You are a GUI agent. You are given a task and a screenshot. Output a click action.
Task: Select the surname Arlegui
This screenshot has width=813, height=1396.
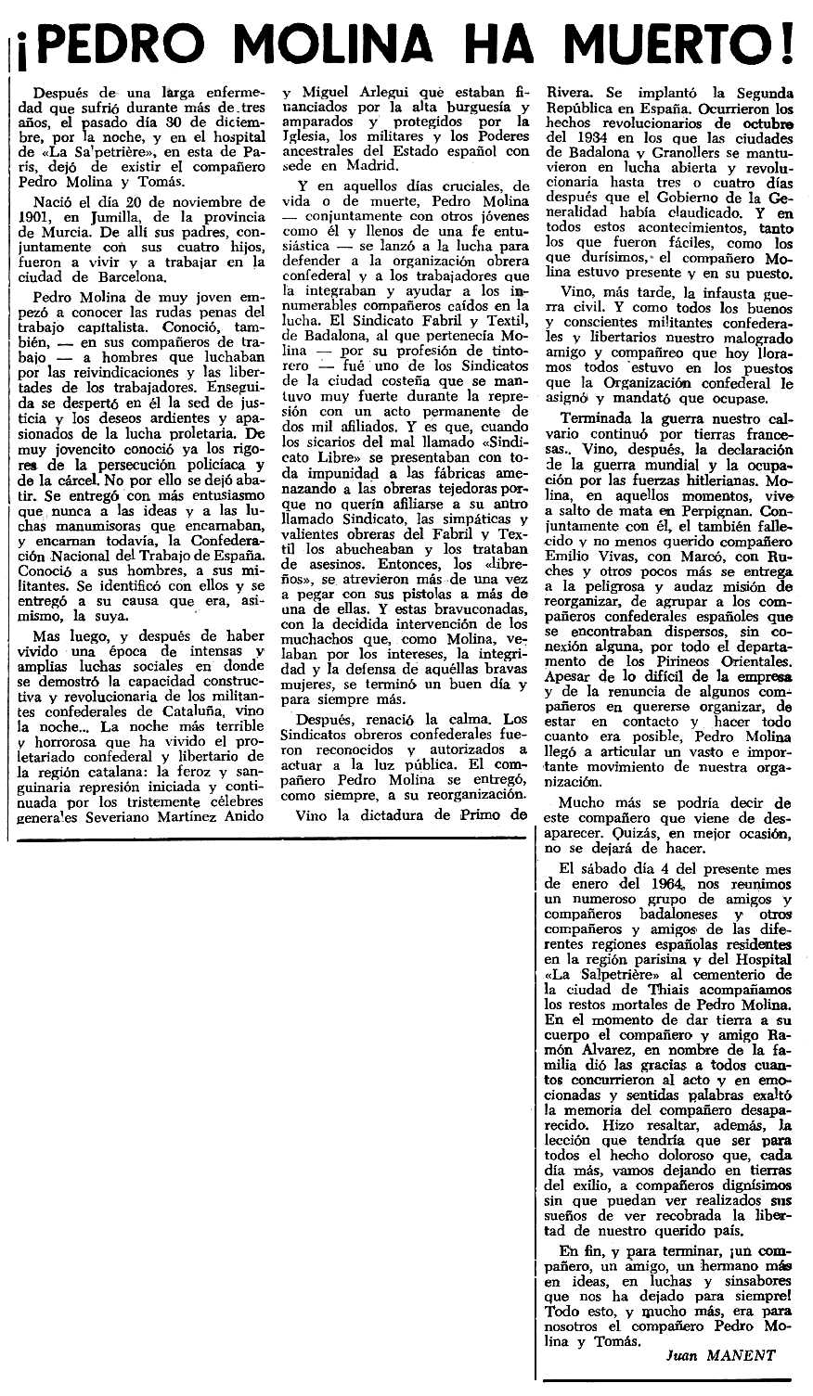pos(378,93)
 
